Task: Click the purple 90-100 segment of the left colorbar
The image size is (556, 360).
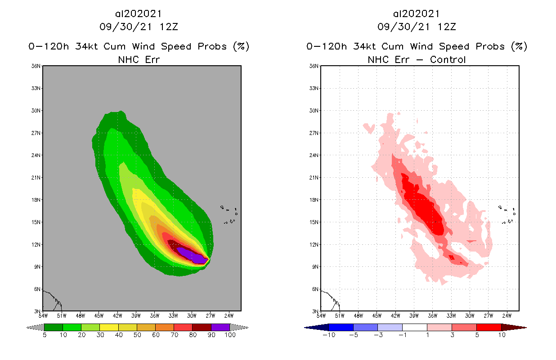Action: [220, 327]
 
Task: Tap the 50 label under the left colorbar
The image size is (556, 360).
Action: [137, 335]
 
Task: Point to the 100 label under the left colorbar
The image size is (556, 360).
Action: [230, 335]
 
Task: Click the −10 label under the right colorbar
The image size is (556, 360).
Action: [329, 335]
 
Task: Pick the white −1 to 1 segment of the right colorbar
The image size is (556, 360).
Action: [415, 327]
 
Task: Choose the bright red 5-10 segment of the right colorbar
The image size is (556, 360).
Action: [489, 327]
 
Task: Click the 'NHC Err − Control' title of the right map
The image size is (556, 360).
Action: [417, 59]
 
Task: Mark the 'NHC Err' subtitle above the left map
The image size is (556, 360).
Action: [139, 59]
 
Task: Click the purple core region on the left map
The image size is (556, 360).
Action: [191, 254]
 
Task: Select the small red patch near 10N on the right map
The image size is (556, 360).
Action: [452, 257]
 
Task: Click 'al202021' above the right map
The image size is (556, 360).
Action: [417, 13]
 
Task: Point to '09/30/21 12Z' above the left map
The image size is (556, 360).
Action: [139, 27]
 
